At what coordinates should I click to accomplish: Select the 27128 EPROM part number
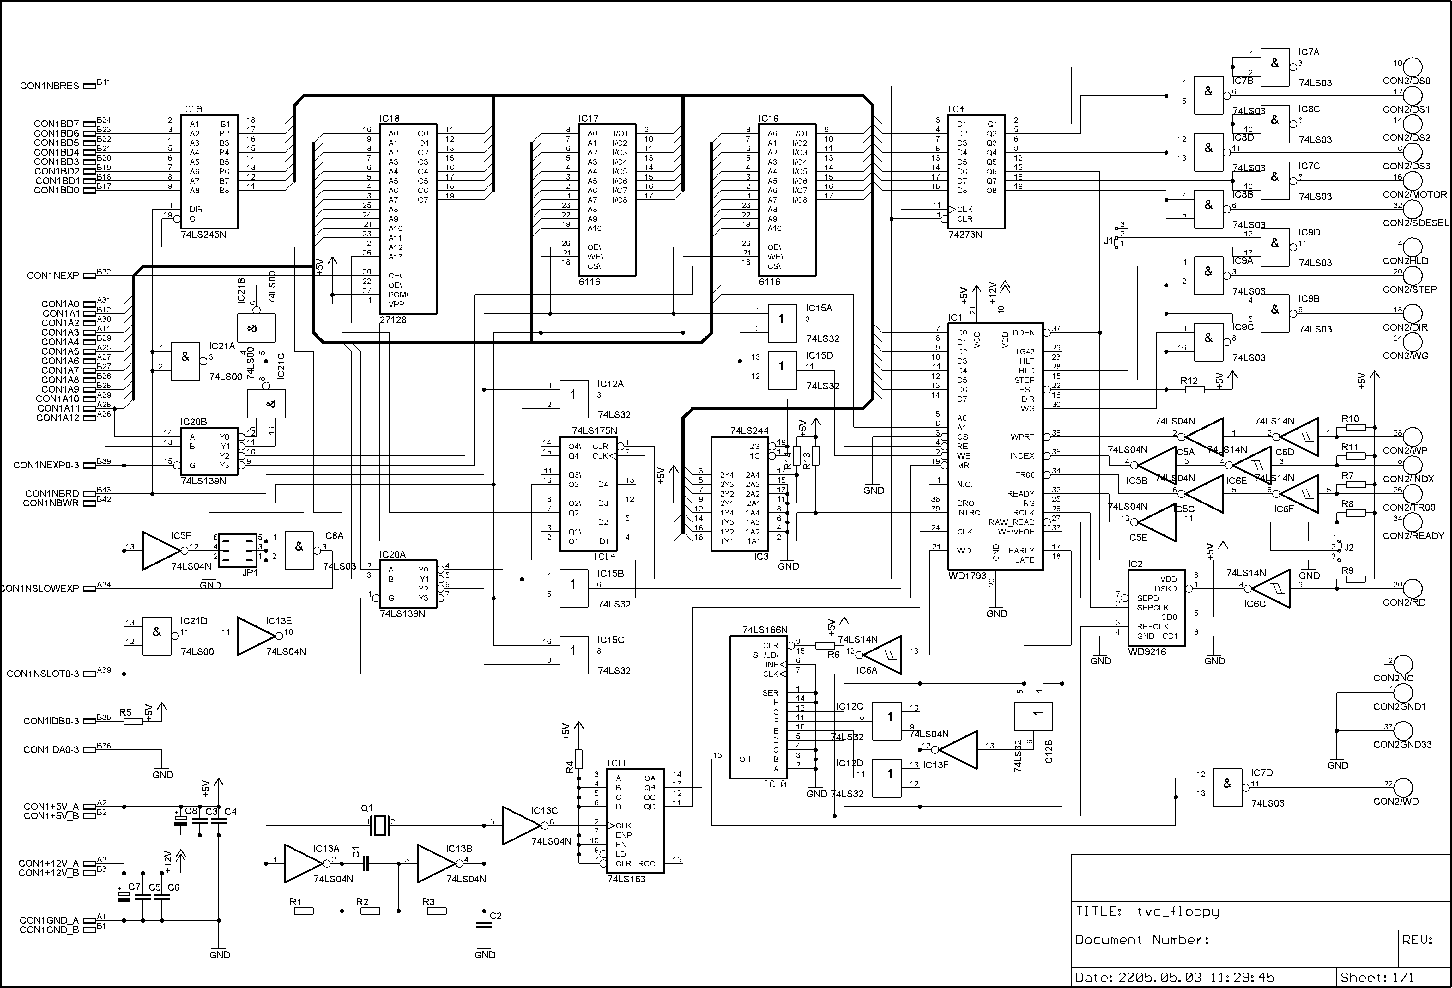coord(393,319)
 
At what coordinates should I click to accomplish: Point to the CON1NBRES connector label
coord(49,86)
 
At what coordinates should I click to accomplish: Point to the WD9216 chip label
coord(1147,651)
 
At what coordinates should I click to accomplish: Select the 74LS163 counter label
coord(626,879)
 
